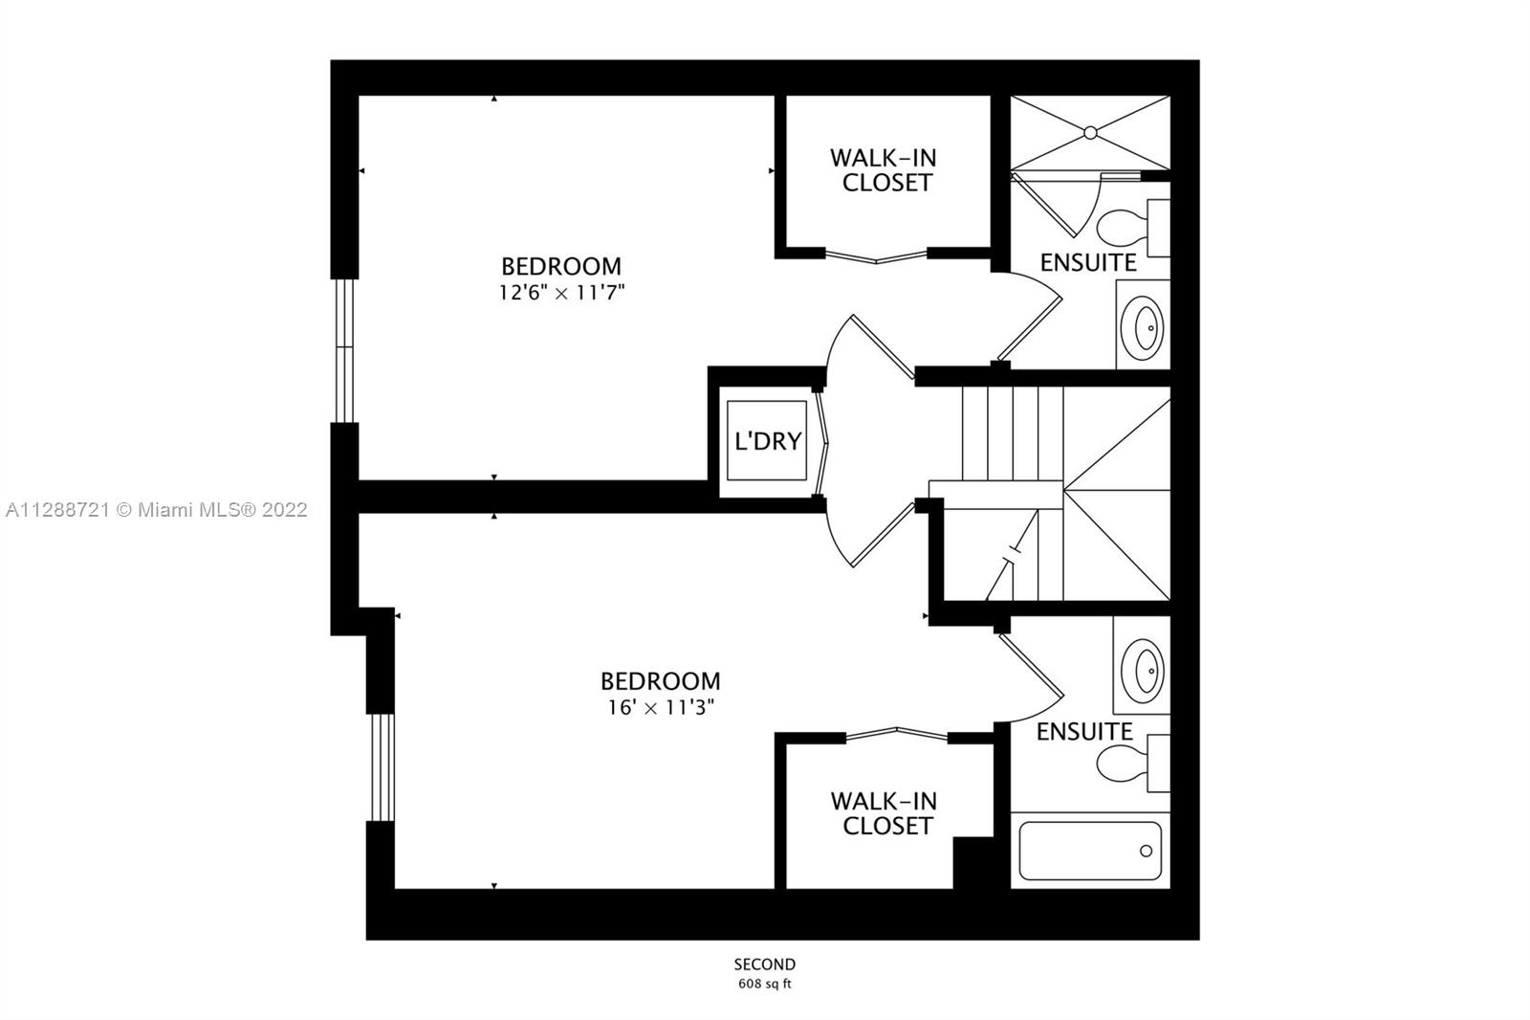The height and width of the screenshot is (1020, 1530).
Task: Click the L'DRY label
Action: (x=768, y=442)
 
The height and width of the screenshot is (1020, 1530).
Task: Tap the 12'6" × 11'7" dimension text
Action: (x=561, y=293)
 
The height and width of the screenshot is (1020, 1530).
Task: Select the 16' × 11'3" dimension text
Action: (x=661, y=707)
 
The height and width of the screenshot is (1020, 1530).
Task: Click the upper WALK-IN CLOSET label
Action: (x=885, y=170)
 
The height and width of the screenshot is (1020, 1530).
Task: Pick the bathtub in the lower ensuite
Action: (x=1090, y=851)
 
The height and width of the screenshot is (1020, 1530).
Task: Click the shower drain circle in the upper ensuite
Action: (x=1090, y=133)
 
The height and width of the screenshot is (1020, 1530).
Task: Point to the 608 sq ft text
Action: (x=764, y=985)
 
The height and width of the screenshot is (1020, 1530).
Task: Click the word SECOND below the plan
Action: (x=764, y=965)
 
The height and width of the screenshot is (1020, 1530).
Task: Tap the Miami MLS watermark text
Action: (x=157, y=510)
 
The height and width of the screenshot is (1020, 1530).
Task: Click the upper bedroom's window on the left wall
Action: (x=344, y=351)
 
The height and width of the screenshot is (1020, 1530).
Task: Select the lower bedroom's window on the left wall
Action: (x=382, y=767)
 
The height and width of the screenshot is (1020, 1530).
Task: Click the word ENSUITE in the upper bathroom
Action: (x=1088, y=262)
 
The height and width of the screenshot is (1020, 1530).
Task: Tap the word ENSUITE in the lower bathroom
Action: (x=1084, y=732)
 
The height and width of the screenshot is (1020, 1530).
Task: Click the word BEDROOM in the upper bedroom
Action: (x=561, y=266)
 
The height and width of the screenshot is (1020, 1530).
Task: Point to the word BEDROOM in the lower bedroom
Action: (x=661, y=681)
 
